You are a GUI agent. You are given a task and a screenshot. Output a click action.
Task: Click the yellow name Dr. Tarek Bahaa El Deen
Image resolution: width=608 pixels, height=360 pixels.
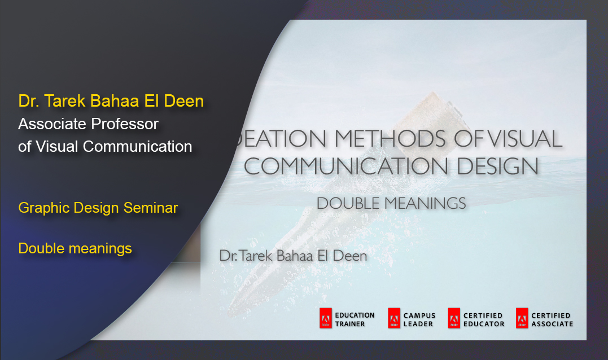tap(111, 101)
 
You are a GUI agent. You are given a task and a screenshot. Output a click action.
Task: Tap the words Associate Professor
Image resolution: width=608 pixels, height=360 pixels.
tap(89, 124)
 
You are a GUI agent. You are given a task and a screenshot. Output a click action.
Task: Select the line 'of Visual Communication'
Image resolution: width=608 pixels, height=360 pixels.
tap(105, 147)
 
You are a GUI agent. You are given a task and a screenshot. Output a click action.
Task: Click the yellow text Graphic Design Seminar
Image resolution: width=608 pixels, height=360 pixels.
tap(98, 208)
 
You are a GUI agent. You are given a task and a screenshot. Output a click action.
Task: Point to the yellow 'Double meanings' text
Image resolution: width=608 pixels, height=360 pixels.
tap(75, 248)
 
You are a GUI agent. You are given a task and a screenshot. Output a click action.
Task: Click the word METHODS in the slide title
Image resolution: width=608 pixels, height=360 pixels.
tap(390, 138)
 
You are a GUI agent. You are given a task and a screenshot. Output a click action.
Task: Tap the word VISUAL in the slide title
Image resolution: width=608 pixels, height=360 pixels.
tap(524, 138)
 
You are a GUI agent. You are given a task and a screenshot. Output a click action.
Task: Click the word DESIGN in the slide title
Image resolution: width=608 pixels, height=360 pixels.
tap(498, 166)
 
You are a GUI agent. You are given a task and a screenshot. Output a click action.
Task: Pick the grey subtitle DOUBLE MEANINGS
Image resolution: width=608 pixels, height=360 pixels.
tap(391, 204)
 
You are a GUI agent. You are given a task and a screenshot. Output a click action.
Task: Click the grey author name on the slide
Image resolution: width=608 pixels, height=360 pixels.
tap(293, 256)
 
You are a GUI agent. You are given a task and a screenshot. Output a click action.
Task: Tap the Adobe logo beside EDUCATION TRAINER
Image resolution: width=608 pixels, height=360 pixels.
tap(326, 318)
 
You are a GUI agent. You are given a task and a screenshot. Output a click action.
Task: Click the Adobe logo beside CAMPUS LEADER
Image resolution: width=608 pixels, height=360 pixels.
tap(394, 318)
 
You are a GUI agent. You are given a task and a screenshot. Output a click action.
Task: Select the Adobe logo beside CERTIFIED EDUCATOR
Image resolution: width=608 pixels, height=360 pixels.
tap(454, 318)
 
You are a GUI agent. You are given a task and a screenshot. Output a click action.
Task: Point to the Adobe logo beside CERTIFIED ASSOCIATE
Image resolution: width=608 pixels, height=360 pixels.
tap(522, 318)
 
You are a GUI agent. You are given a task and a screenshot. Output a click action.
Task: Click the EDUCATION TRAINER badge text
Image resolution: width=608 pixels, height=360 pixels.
tap(355, 320)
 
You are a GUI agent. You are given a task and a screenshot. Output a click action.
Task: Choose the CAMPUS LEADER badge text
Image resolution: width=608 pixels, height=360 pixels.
tap(419, 320)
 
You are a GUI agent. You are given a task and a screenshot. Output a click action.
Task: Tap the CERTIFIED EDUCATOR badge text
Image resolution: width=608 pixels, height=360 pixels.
tap(484, 320)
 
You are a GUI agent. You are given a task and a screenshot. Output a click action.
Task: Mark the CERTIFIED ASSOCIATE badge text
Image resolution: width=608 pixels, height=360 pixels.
tap(552, 320)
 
